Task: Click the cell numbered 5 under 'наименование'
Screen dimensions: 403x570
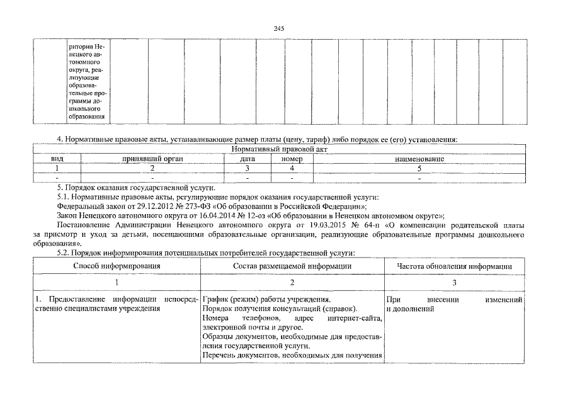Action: coord(419,169)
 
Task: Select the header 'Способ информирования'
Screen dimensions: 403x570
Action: coord(117,266)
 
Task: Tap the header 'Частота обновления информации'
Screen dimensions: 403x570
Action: coord(453,266)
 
